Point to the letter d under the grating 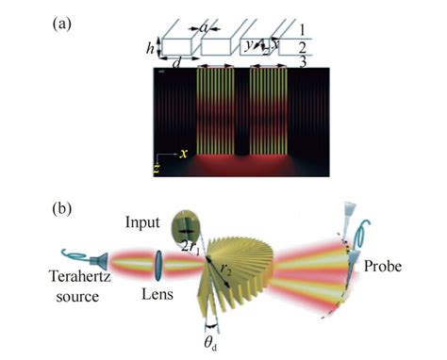click(x=174, y=63)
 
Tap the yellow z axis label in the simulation click(x=157, y=170)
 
